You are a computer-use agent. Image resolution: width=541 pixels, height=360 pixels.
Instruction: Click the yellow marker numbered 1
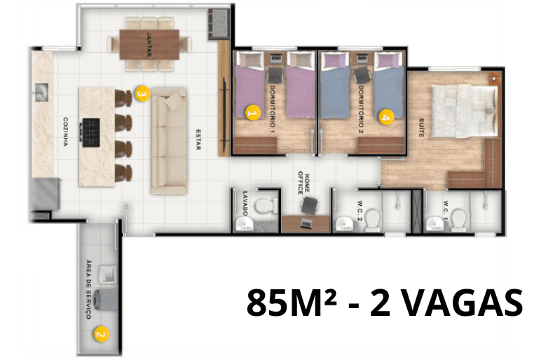coord(252,113)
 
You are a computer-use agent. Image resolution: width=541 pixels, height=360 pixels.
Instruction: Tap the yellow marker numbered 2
coord(101,334)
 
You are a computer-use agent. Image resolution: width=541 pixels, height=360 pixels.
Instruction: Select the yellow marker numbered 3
coord(143,93)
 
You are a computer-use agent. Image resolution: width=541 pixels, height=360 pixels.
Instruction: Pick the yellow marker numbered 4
coord(386,117)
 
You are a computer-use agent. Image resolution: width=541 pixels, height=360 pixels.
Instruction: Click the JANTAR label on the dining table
coord(149,45)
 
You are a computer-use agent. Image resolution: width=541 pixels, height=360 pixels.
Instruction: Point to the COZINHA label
coord(66,132)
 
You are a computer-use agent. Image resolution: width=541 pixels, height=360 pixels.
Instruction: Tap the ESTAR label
coord(198,139)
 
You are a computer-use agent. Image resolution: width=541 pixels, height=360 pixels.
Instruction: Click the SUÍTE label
coord(421,127)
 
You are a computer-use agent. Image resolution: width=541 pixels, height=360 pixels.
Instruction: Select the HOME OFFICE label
coord(303,183)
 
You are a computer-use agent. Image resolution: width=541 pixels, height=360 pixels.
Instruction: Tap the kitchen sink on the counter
coord(42,92)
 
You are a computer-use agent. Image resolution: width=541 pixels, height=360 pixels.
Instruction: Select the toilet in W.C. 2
coord(373,219)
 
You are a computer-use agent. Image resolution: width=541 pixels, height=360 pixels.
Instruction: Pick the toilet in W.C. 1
coord(459,219)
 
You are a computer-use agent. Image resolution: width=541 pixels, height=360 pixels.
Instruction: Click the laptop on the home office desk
coord(306,223)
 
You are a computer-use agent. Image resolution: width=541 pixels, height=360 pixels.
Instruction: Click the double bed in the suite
coord(465,111)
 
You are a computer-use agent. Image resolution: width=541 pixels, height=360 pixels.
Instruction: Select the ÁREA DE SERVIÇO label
coord(89,289)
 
